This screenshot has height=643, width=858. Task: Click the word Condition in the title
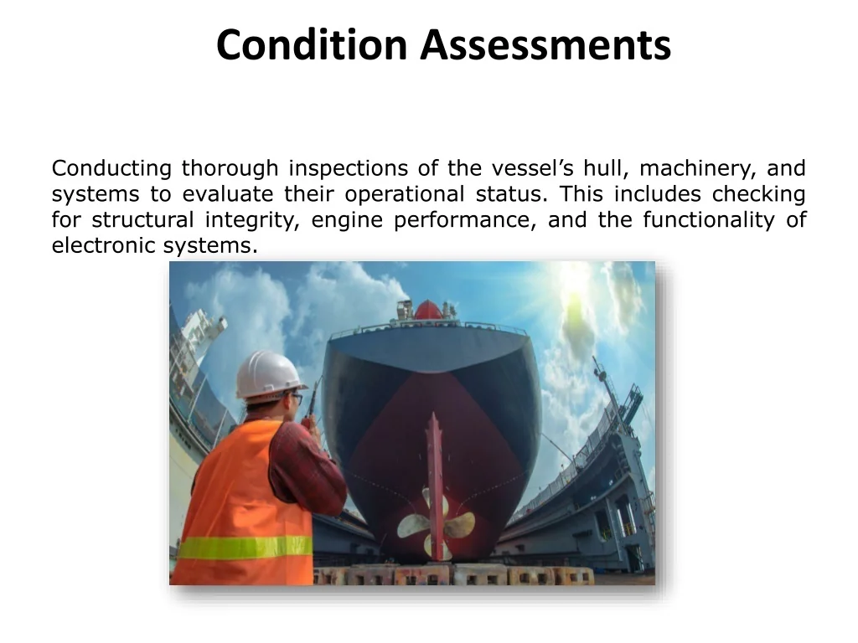312,44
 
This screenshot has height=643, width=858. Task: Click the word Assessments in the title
545,44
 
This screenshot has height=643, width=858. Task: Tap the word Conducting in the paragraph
111,168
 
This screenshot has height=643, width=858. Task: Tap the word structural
142,220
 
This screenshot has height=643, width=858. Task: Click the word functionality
709,220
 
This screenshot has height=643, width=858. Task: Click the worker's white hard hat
269,376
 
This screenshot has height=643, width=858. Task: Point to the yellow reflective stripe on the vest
246,548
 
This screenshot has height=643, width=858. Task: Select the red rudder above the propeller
435,481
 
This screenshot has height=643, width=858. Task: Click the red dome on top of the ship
428,310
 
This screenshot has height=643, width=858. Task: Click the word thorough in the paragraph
230,168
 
